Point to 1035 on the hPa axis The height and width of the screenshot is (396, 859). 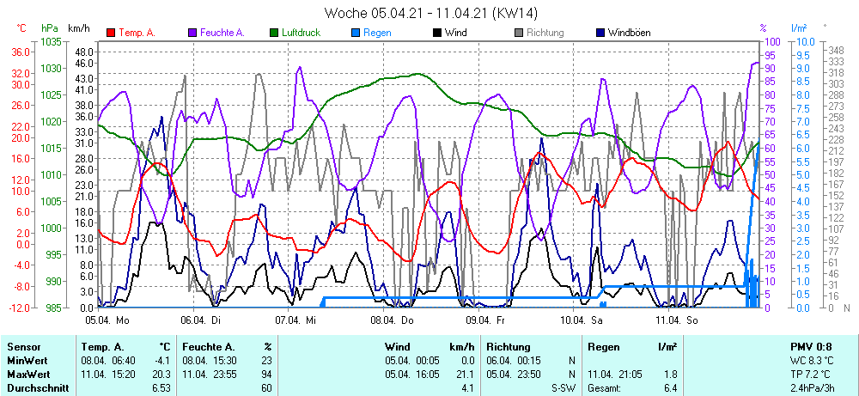point(51,41)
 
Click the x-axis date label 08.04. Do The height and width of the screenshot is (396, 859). point(392,320)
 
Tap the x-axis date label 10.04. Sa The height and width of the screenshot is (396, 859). point(581,320)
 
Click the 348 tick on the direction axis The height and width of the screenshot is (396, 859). point(832,50)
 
